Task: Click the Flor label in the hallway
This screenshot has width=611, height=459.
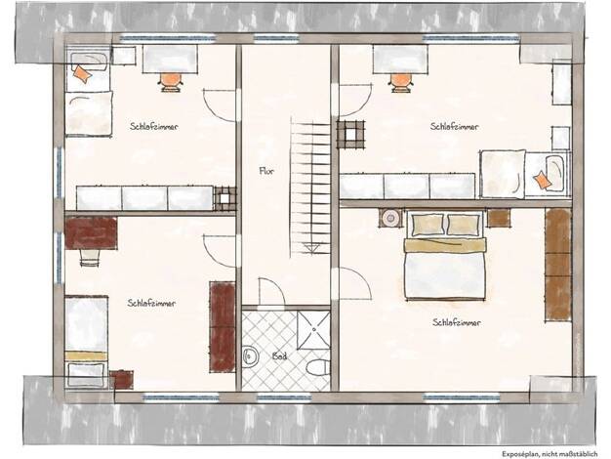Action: coord(266,171)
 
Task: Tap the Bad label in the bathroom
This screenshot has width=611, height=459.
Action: coord(280,355)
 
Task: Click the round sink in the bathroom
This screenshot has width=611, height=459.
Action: coord(250,356)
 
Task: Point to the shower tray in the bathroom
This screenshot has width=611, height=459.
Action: coord(313,329)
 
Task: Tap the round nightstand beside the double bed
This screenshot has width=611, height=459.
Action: coord(390,219)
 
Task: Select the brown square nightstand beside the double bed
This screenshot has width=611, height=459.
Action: coord(499,218)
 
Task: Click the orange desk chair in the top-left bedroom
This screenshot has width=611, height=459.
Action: coord(171,82)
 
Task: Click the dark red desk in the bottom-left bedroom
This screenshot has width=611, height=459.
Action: coord(91,232)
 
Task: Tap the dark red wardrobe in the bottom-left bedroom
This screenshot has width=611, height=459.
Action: coord(223,327)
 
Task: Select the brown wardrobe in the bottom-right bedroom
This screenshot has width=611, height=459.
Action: coord(558,266)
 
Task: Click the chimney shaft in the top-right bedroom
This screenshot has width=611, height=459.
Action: coord(350,135)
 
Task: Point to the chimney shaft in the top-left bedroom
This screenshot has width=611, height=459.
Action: coord(224,198)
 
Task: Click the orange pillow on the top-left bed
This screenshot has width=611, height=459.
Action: coord(83,73)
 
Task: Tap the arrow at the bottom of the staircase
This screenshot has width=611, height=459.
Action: coord(312,248)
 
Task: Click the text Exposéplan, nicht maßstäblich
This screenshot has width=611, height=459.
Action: coord(550,454)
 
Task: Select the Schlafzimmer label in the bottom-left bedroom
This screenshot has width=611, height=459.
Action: coord(151,303)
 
